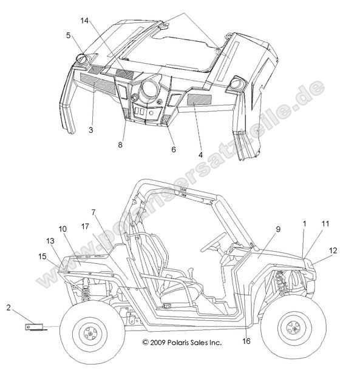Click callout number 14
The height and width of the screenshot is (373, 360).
point(84,21)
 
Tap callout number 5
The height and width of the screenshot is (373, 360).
point(69,35)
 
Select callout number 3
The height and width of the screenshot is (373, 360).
point(90,130)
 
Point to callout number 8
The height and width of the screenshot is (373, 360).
point(120,144)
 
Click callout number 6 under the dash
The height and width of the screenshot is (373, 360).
point(174,149)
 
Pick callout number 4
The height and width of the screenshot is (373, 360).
point(201,155)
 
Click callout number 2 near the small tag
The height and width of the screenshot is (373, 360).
point(9,307)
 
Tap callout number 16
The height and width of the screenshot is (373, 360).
point(246,341)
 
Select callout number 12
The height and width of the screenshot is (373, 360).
point(333,250)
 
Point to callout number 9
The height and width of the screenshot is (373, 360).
point(278,229)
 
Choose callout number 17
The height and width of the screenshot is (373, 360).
point(85,226)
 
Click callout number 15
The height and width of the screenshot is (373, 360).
point(42,257)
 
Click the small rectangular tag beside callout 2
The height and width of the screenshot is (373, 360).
point(34,327)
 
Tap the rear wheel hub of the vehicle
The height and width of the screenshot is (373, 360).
point(90,334)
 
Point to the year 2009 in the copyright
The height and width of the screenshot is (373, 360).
point(158,343)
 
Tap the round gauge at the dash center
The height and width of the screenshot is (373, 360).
point(149,89)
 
